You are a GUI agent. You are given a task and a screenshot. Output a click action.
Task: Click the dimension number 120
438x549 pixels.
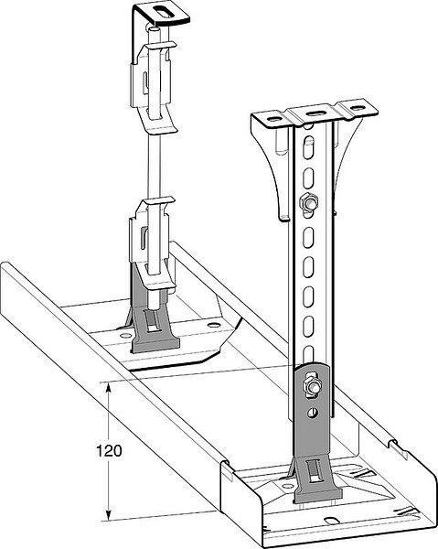[x=109, y=450]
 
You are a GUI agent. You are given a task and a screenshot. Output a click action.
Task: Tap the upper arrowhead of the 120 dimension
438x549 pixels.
[x=109, y=387]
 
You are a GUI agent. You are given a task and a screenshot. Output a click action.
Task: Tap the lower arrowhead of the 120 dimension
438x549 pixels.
[x=109, y=514]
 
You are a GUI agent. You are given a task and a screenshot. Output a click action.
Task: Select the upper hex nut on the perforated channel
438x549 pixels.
[x=308, y=202]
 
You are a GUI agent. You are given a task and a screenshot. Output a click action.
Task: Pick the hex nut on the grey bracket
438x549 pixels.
[x=313, y=385]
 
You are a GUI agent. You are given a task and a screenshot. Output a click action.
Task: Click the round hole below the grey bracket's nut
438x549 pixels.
[x=313, y=413]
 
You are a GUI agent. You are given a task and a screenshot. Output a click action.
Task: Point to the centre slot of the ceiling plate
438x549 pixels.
[x=315, y=113]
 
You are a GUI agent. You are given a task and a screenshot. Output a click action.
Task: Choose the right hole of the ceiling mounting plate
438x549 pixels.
[x=358, y=108]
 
